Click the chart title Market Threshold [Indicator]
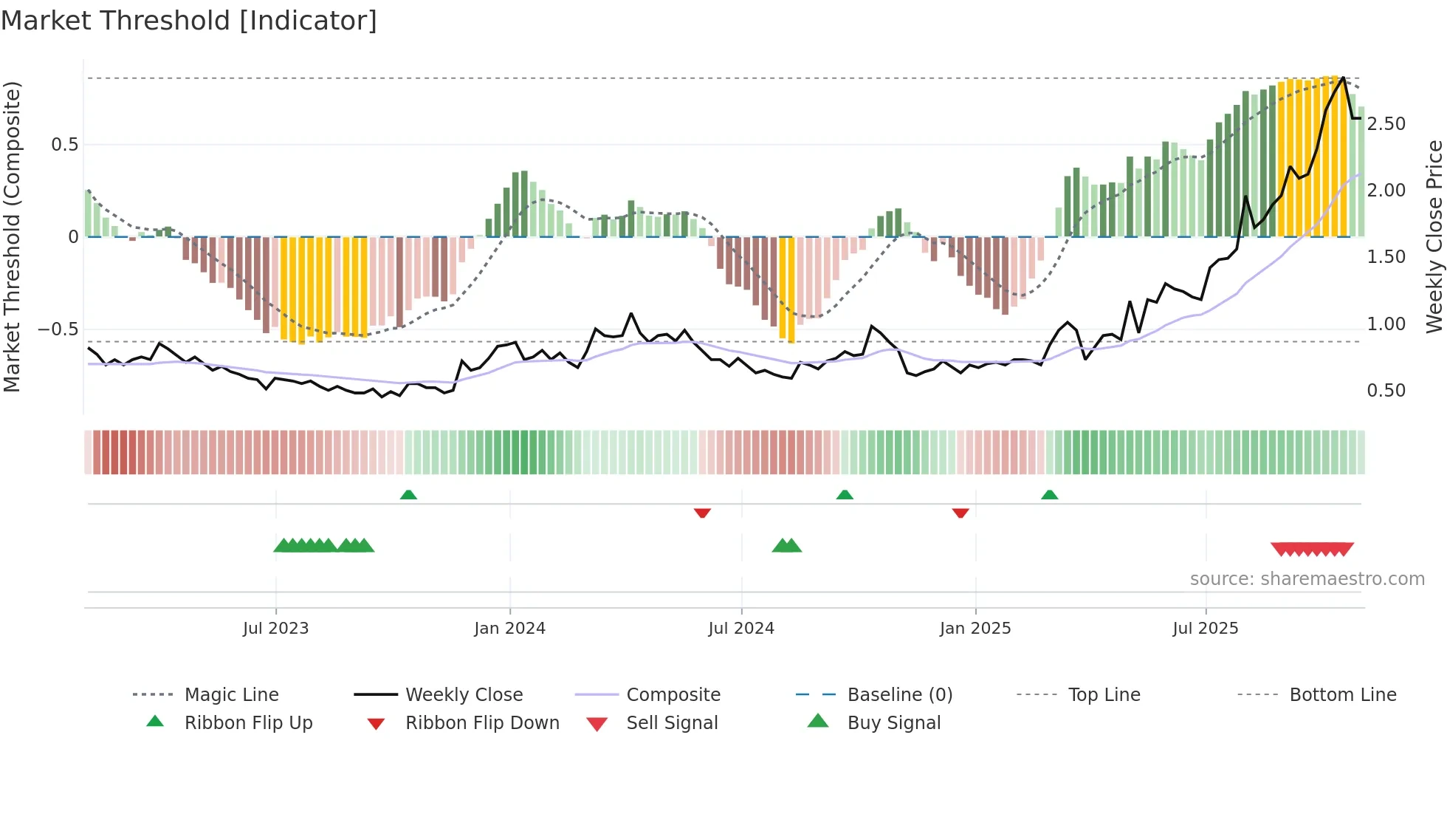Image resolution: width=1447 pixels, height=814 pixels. coord(189,21)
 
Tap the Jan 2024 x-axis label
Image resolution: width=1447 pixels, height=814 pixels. coord(509,629)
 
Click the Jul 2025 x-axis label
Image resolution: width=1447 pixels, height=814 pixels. coord(1205,629)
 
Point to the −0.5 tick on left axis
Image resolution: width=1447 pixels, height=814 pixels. coord(58,329)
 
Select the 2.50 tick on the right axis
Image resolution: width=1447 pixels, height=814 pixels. coord(1386,124)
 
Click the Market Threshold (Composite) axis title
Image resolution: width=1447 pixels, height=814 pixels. coord(12,236)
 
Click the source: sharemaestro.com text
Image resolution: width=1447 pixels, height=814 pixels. coord(1307,579)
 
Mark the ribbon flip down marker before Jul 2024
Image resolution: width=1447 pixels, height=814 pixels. coord(702,513)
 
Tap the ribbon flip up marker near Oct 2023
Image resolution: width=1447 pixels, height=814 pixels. coord(408,495)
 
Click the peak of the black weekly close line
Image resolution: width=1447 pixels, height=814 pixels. coord(1343,78)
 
